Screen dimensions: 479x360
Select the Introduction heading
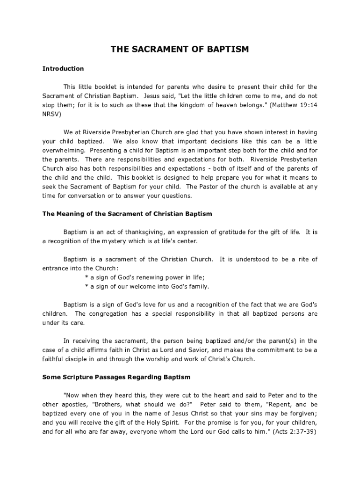click(x=63, y=69)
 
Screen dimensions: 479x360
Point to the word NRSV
click(x=51, y=114)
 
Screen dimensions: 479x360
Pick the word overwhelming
click(x=63, y=150)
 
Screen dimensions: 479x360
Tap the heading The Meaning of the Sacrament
click(x=127, y=214)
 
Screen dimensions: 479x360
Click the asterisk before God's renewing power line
click(x=86, y=277)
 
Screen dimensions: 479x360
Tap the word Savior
click(x=187, y=350)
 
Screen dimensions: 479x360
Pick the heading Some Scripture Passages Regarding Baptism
click(x=116, y=377)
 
